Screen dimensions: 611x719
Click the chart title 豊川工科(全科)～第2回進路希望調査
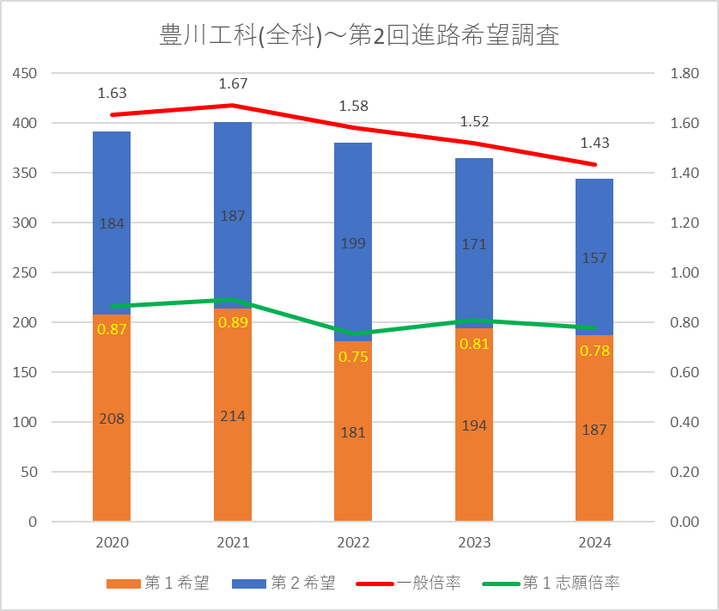pos(359,36)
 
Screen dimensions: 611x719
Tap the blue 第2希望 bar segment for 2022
pos(353,206)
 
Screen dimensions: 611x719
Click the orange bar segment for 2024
pos(594,464)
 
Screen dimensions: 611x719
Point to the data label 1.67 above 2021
pos(233,84)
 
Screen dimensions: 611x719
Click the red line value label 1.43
pos(594,144)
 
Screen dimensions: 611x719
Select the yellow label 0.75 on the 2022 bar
pos(353,357)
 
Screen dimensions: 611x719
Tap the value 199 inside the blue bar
pos(353,243)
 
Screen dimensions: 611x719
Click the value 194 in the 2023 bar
pos(474,426)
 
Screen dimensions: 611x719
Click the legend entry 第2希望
pos(283,584)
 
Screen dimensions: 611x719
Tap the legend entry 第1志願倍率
pos(558,584)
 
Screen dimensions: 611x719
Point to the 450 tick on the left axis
pos(27,74)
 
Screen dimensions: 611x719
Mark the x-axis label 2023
pos(474,543)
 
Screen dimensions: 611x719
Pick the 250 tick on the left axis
pos(27,273)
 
